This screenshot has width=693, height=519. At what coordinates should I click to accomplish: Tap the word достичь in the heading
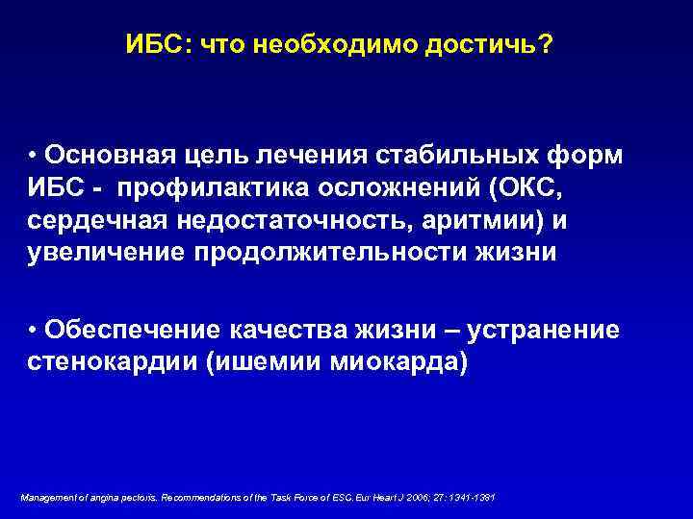pos(492,46)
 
